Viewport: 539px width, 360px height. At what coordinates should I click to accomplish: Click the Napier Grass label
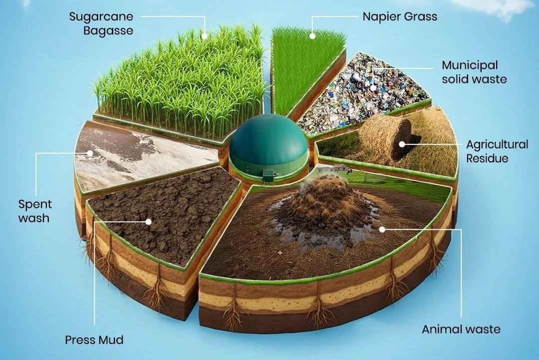click(400, 16)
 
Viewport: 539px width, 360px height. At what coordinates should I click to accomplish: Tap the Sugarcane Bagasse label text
click(101, 23)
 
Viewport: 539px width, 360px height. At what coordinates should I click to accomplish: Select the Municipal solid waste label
click(475, 72)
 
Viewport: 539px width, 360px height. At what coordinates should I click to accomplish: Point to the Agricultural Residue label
click(497, 151)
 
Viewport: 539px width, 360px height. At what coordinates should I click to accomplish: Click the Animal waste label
click(461, 329)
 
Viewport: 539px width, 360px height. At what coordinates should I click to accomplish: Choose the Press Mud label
click(94, 340)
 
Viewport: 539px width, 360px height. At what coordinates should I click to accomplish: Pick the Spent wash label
click(35, 211)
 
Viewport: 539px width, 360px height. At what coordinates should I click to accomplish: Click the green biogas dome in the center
click(269, 146)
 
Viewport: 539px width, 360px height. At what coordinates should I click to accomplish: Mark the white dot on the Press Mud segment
click(149, 222)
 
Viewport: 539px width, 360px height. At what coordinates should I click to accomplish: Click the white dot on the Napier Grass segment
click(312, 36)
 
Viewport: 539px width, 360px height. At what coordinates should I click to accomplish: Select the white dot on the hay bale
click(402, 144)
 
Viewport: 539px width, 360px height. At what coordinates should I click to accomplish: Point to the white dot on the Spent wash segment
click(90, 153)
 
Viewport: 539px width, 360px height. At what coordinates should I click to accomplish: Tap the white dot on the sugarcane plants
click(205, 36)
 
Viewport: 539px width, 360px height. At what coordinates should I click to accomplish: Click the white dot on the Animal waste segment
click(382, 229)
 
